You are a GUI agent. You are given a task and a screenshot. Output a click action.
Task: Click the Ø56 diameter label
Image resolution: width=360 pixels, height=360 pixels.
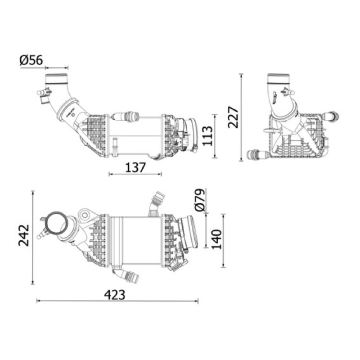pyautogui.click(x=31, y=60)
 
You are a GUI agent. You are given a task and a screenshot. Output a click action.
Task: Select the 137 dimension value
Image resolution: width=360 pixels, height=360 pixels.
pyautogui.click(x=135, y=167)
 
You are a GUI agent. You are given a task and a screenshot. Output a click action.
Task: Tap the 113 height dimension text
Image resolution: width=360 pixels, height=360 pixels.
pyautogui.click(x=207, y=135)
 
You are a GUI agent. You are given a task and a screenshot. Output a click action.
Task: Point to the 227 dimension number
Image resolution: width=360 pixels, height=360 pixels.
pyautogui.click(x=233, y=117)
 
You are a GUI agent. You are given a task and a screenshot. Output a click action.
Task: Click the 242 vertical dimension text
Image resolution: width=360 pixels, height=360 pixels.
pyautogui.click(x=24, y=235)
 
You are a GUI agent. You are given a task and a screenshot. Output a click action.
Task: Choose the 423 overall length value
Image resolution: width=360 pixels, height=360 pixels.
pyautogui.click(x=115, y=295)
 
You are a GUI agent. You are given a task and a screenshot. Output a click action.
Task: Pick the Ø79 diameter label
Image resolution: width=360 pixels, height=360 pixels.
pyautogui.click(x=199, y=200)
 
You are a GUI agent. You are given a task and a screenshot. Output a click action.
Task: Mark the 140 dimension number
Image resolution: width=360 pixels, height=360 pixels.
pyautogui.click(x=216, y=239)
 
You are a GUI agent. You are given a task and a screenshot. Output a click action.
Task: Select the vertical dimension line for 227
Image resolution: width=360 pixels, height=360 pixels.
pyautogui.click(x=241, y=117)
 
